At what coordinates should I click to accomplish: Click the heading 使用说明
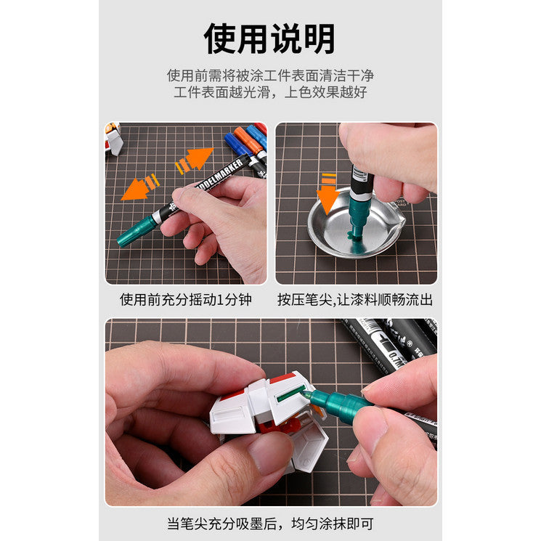point(269,37)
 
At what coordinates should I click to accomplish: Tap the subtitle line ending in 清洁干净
point(270,76)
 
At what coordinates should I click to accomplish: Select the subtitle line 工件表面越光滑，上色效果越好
point(270,93)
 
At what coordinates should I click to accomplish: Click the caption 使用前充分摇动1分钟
point(186,299)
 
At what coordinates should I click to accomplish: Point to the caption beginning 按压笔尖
point(355,299)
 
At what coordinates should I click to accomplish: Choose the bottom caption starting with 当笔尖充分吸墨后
point(270,524)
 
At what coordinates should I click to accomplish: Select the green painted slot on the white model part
point(291,394)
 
